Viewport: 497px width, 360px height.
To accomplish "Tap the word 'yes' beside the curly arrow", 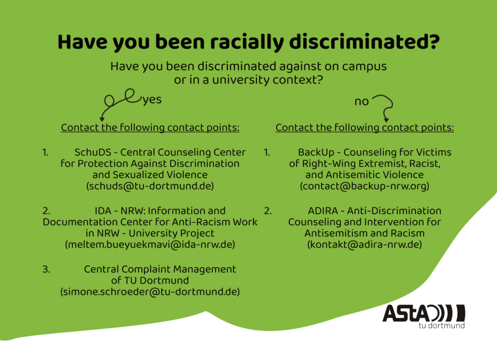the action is point(152,100).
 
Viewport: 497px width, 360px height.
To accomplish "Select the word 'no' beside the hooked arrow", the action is point(362,102).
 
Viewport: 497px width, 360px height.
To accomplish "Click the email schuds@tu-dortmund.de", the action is point(150,186).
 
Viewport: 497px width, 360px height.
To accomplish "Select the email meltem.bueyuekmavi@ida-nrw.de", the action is point(150,245).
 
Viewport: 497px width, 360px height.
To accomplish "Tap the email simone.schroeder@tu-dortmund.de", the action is point(150,292).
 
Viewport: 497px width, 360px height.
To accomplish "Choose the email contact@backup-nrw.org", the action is point(364,186).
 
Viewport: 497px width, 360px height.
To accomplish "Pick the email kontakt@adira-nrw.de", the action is point(364,245).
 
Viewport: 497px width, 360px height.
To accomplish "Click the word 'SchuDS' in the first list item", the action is point(93,152).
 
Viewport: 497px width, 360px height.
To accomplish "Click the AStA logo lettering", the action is point(423,313).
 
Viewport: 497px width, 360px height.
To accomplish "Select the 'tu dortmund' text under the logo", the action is point(442,326).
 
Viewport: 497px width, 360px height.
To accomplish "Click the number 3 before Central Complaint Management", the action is point(46,269).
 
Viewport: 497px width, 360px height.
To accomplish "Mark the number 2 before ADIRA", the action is point(268,211).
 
